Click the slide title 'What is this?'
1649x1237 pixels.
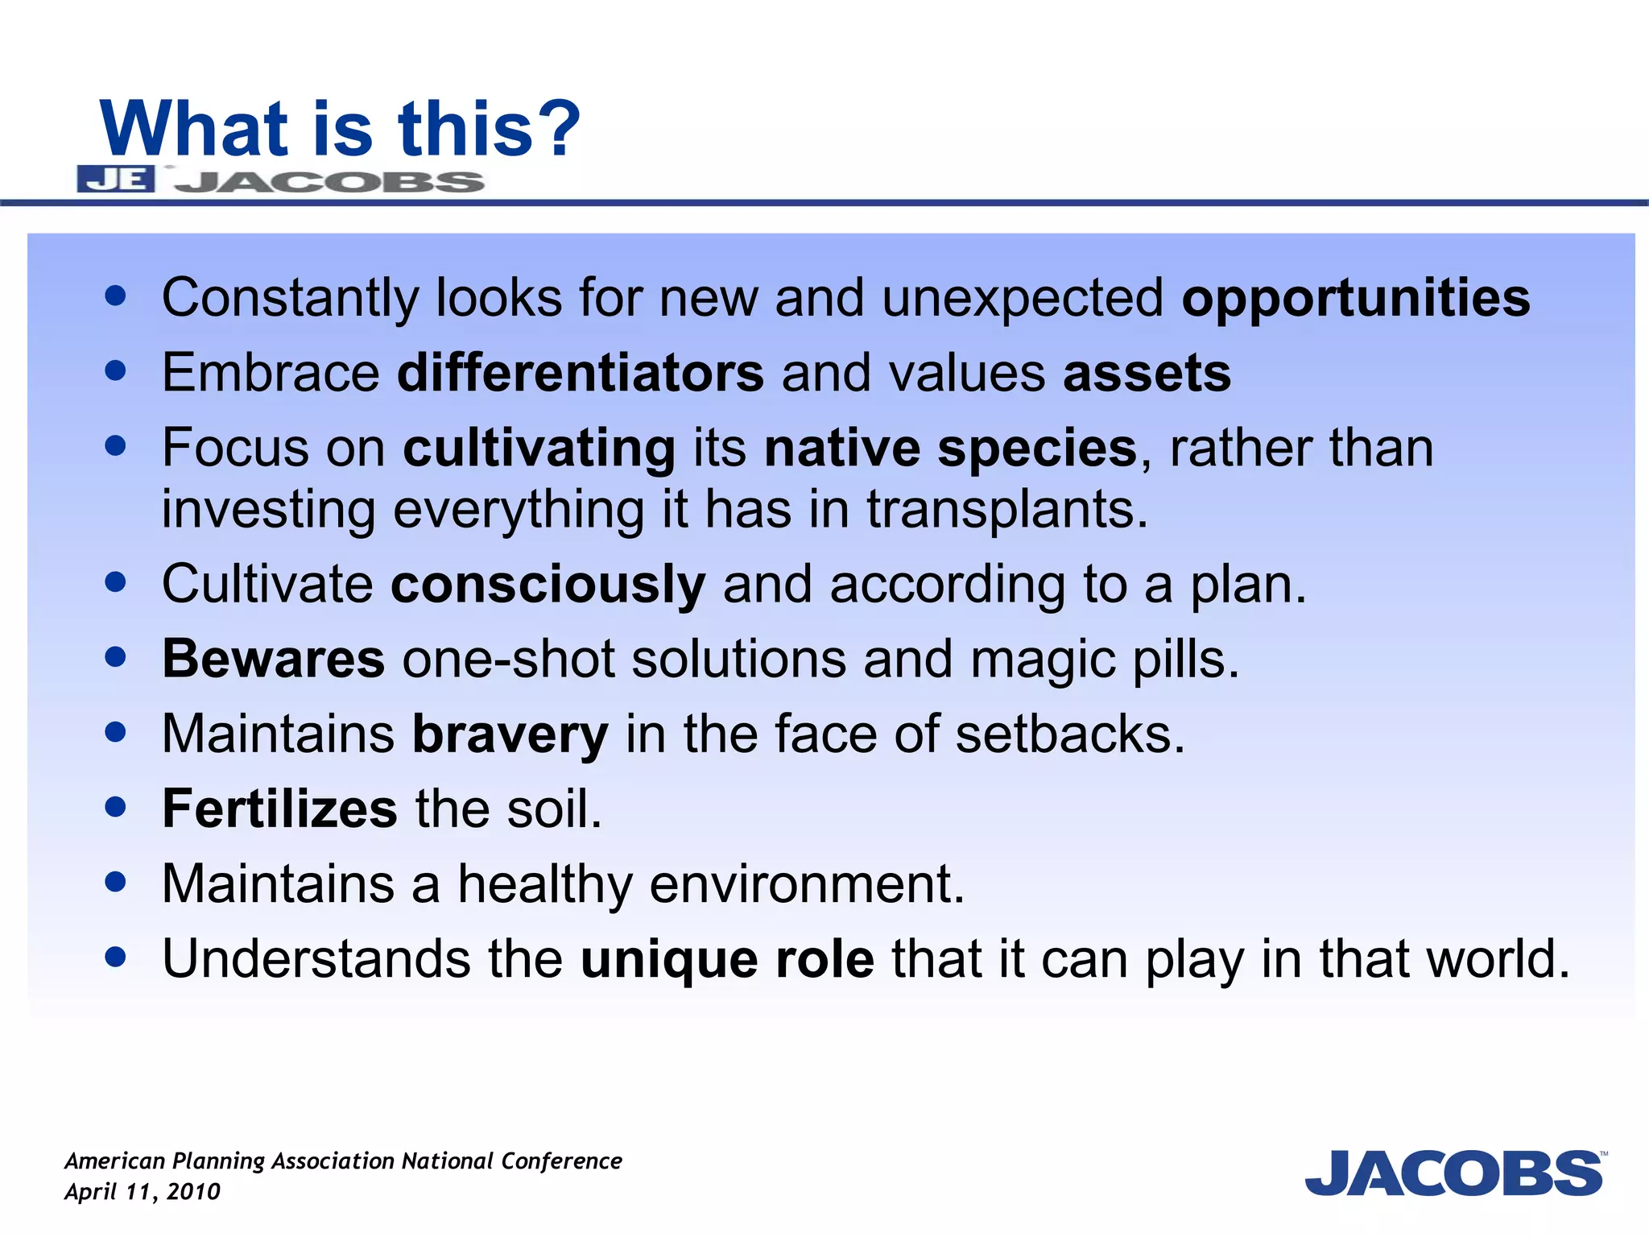[339, 129]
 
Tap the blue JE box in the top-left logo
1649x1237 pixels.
[116, 179]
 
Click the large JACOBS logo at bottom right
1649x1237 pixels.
[1454, 1173]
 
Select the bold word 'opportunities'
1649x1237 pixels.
[1355, 298]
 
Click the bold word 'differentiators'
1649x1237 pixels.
[580, 374]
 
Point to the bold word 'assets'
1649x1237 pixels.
[1147, 374]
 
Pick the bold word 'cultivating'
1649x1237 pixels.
[539, 449]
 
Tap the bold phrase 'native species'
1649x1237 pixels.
[950, 449]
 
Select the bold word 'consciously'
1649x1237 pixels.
[548, 585]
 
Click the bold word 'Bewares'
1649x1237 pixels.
[274, 660]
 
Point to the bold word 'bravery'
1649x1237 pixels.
[510, 734]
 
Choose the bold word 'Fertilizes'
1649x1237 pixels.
[279, 809]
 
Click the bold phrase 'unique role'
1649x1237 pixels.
[727, 959]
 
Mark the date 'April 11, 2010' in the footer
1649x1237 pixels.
[143, 1192]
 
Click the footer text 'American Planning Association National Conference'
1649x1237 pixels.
[343, 1161]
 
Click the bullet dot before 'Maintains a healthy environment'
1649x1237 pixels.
[116, 882]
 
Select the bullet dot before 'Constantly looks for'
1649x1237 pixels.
[116, 296]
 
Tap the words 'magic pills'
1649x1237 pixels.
[1103, 660]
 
